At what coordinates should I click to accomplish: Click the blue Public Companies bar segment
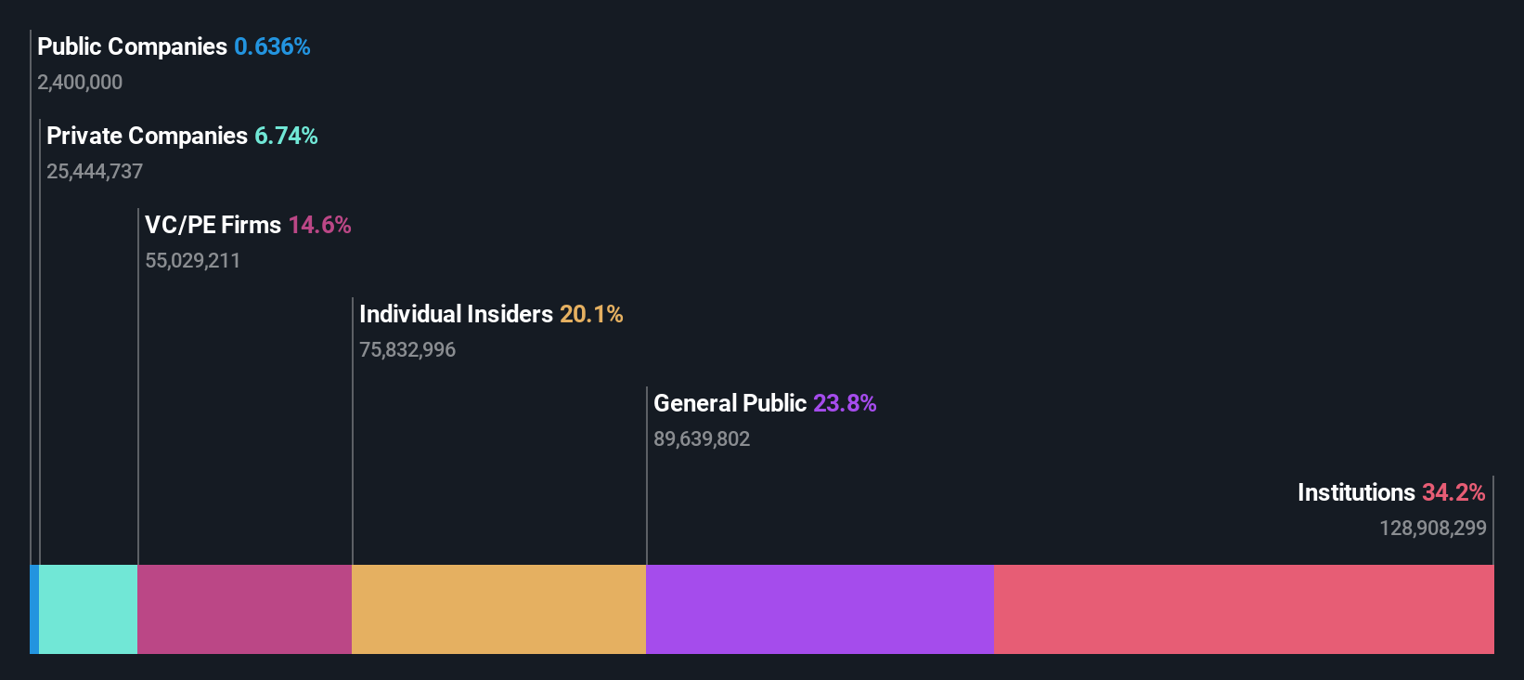point(34,609)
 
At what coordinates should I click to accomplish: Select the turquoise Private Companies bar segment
point(88,609)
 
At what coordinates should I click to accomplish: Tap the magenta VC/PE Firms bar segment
point(244,609)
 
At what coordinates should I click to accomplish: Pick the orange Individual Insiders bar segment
point(498,609)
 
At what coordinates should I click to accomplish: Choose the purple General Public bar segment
point(820,609)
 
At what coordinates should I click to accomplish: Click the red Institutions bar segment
point(1244,609)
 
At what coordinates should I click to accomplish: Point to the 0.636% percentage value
point(272,46)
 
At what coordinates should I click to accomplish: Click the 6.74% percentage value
point(286,136)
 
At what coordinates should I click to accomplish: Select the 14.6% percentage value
point(319,225)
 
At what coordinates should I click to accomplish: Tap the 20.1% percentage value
point(591,314)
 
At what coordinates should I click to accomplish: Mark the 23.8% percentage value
point(845,403)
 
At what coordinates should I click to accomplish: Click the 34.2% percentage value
point(1453,492)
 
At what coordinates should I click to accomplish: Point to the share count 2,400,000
point(80,83)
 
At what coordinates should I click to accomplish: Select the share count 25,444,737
point(95,172)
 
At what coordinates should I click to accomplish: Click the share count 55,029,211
point(192,261)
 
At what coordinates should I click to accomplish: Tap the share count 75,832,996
point(407,350)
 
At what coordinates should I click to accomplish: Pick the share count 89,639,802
point(702,439)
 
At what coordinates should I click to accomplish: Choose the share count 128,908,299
point(1432,529)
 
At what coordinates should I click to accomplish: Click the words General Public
point(730,403)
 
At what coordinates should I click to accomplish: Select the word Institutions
point(1356,492)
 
